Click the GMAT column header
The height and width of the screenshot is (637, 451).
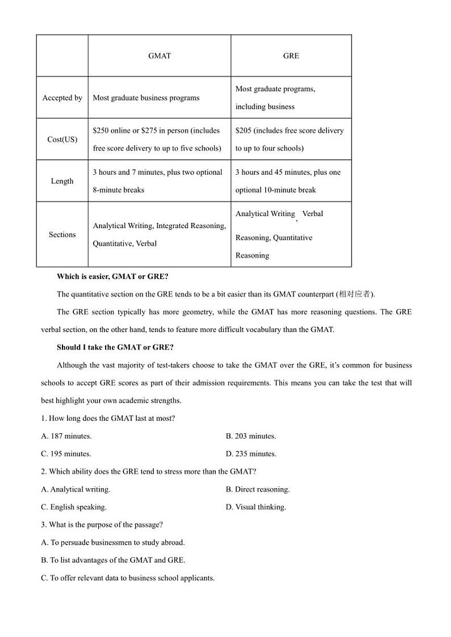pyautogui.click(x=159, y=56)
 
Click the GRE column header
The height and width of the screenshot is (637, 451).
pyautogui.click(x=291, y=56)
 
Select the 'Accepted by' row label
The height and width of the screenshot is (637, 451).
pyautogui.click(x=62, y=98)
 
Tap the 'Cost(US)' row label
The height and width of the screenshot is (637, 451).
pyautogui.click(x=62, y=140)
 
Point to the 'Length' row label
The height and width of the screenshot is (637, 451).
pyautogui.click(x=62, y=181)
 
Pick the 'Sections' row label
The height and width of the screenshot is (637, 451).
pyautogui.click(x=62, y=234)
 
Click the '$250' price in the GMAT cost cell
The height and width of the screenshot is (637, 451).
pyautogui.click(x=101, y=130)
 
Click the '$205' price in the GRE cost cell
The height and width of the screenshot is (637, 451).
pyautogui.click(x=244, y=130)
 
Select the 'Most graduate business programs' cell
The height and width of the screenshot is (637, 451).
pyautogui.click(x=146, y=98)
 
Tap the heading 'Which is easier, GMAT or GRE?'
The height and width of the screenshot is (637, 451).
pyautogui.click(x=112, y=276)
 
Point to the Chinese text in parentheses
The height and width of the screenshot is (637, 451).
pyautogui.click(x=354, y=294)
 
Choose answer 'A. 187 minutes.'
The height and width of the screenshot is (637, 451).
pyautogui.click(x=66, y=436)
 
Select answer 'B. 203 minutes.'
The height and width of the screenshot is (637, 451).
pyautogui.click(x=250, y=436)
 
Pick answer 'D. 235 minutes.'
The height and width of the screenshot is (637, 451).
pyautogui.click(x=250, y=454)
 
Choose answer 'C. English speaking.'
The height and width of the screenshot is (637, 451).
pyautogui.click(x=74, y=507)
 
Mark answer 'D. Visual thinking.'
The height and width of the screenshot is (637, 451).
pyautogui.click(x=256, y=507)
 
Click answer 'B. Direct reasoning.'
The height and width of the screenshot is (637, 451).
pyautogui.click(x=257, y=489)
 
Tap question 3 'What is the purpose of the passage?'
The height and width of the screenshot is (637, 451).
pyautogui.click(x=102, y=525)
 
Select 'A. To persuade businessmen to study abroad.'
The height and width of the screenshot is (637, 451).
pyautogui.click(x=113, y=542)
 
